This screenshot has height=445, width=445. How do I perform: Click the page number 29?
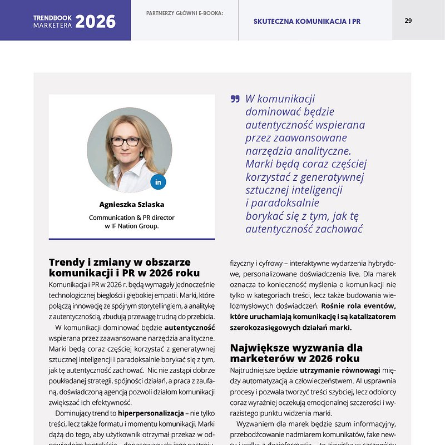point(408,21)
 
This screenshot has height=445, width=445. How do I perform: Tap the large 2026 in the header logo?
point(95,22)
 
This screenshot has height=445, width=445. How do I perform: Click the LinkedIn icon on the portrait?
point(158,182)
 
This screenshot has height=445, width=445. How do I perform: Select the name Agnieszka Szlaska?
point(132,204)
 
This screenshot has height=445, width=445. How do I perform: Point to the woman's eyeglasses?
point(126,141)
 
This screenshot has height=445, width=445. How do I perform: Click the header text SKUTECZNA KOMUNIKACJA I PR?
point(307,22)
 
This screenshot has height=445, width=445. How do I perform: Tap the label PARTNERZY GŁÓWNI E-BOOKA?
point(184,13)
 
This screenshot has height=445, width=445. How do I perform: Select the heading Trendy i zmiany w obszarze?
point(120,262)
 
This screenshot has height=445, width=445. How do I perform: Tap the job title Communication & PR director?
point(132,217)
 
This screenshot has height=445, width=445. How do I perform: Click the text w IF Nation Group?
point(132,226)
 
